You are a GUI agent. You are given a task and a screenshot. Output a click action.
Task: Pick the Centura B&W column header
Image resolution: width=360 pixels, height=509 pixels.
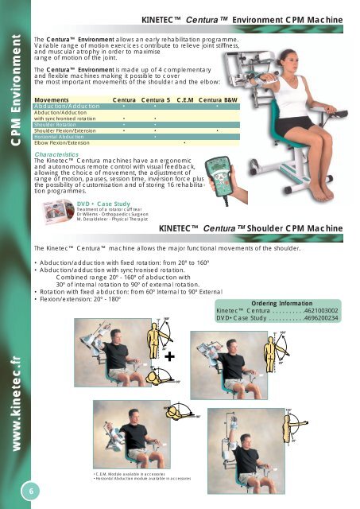pos(219,101)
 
